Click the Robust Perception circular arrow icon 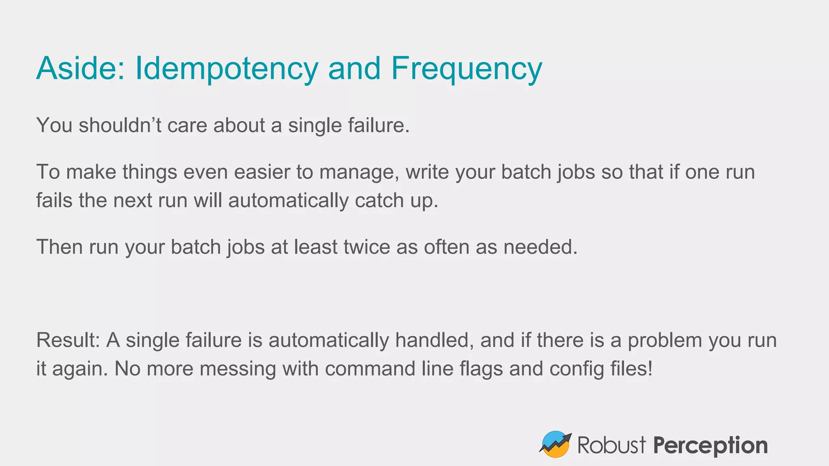click(x=555, y=444)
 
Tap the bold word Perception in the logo click(x=710, y=446)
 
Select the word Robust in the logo click(x=611, y=445)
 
